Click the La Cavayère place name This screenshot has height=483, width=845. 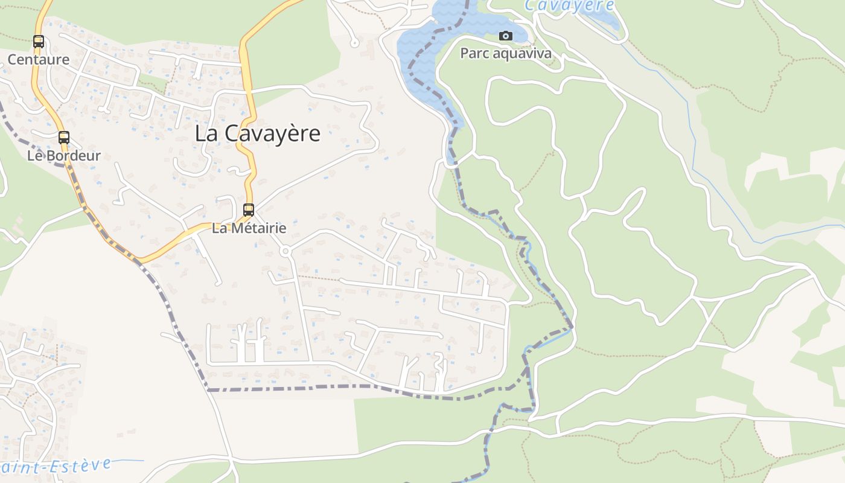257,134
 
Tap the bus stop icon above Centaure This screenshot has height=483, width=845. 39,42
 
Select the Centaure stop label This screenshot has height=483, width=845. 39,60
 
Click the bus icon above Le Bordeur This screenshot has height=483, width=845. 64,138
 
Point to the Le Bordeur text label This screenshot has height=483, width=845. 64,156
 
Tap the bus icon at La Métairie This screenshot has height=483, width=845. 249,210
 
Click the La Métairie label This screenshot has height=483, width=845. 249,228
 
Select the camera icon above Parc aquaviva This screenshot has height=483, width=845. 506,36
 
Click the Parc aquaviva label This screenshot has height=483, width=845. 506,54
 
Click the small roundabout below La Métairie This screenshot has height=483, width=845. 285,251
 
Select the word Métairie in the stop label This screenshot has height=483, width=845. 257,228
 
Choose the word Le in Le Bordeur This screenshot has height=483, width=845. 35,156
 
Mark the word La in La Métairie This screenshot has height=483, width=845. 218,228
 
